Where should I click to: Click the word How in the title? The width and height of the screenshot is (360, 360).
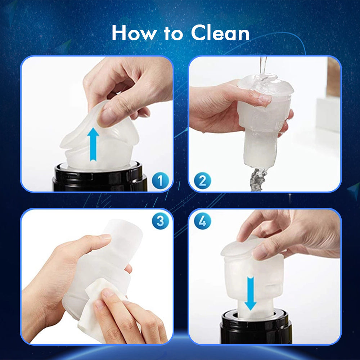pos(134,33)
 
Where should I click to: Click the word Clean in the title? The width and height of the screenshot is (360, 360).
pos(220,33)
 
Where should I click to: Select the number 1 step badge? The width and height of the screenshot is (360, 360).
pos(160,180)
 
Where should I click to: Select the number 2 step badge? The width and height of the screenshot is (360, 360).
pos(202,180)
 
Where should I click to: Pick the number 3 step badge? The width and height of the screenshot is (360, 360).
pos(160,221)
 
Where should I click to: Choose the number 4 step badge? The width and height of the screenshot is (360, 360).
pos(202,221)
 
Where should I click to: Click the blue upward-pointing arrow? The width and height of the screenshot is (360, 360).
pos(93,145)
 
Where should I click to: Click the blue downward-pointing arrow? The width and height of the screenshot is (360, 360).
pos(251,293)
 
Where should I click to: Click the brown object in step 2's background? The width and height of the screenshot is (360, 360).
pos(333,77)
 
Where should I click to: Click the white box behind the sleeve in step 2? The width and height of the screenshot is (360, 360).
pos(328,114)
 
